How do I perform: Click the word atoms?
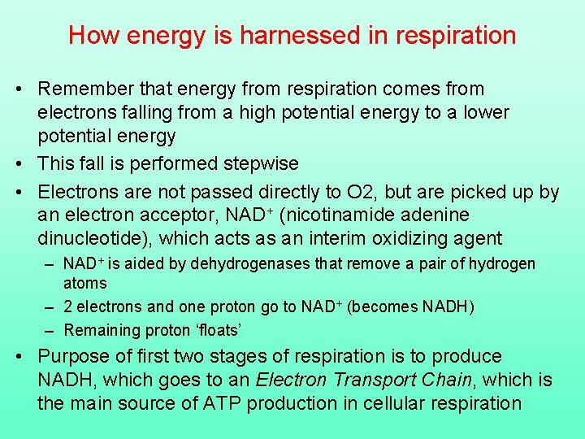click(x=84, y=284)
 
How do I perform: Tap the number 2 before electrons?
click(x=68, y=307)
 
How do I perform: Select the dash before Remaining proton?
click(x=50, y=330)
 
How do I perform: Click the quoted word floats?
click(x=220, y=330)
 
